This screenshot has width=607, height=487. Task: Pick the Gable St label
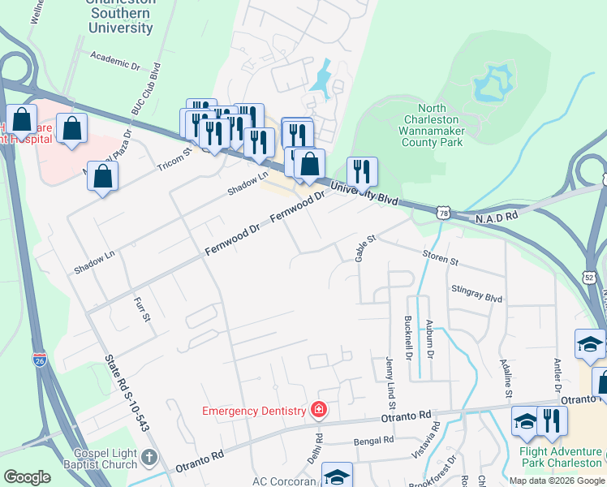point(366,248)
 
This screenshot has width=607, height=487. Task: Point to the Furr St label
point(142,308)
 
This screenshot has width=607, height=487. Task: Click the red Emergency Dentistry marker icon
point(320,409)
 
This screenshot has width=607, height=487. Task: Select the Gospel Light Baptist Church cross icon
point(148,458)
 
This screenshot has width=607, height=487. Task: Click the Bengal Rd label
point(375,440)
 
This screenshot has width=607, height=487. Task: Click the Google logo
point(27,477)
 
